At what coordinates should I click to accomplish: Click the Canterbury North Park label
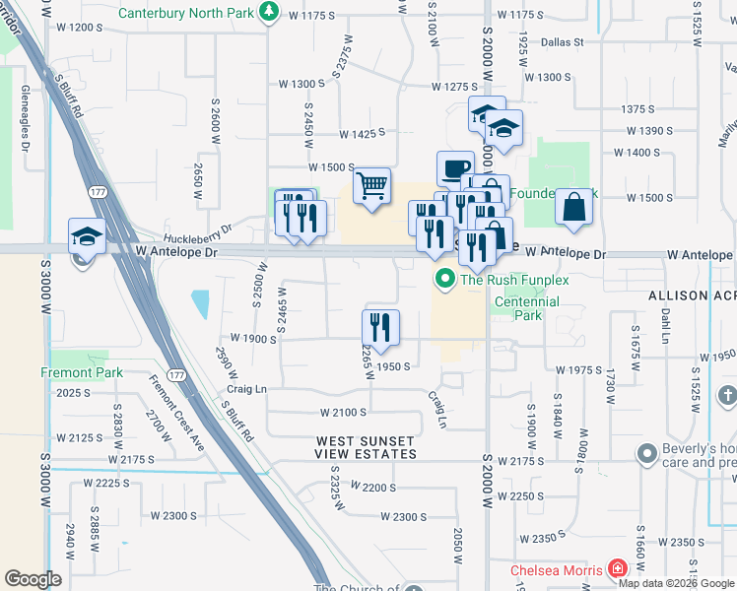tap(186, 13)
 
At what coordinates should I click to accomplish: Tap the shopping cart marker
tap(371, 185)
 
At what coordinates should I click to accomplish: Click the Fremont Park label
tap(82, 372)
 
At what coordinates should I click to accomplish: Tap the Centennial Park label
tap(527, 309)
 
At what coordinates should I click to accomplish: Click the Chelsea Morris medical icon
tap(618, 569)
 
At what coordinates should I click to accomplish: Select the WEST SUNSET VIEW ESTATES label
tap(365, 447)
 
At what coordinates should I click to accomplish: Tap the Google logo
tap(33, 579)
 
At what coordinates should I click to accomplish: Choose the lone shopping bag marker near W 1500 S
tap(573, 208)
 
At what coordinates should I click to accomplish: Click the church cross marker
tap(726, 397)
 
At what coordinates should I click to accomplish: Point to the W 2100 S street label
tap(343, 412)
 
